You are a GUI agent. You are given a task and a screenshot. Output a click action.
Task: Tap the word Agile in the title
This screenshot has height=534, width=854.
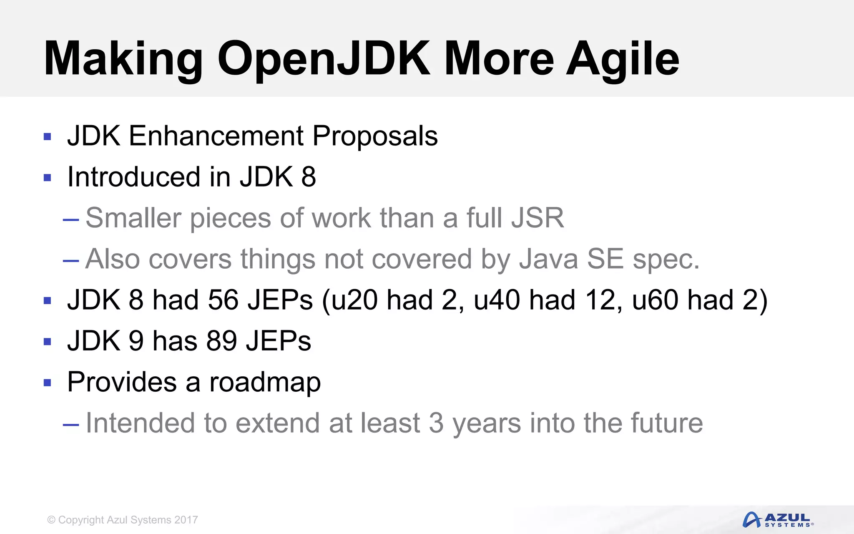click(622, 59)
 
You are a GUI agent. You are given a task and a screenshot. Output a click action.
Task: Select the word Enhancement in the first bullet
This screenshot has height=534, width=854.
click(216, 136)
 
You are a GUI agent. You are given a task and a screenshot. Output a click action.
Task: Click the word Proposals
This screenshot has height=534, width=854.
click(375, 136)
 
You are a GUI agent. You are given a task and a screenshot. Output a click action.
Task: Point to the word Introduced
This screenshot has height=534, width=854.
click(134, 177)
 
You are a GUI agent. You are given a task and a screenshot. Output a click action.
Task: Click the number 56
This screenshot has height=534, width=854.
click(224, 300)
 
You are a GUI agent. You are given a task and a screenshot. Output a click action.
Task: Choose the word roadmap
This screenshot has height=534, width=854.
click(265, 382)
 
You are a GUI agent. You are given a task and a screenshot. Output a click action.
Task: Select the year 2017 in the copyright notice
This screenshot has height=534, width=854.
click(186, 520)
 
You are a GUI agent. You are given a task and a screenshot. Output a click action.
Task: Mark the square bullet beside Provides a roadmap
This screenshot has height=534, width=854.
click(48, 383)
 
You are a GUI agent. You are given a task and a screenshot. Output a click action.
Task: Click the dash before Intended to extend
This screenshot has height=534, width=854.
click(71, 425)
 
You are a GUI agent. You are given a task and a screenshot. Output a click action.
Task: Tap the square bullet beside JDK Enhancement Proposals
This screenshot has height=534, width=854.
click(48, 136)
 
